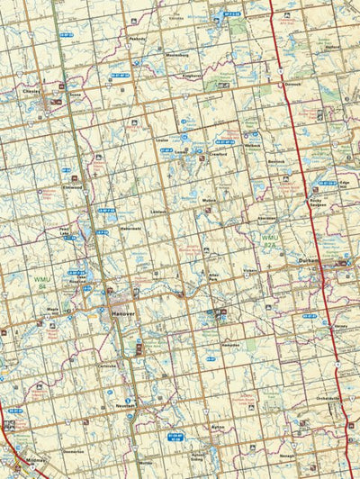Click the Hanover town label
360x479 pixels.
pos(122,313)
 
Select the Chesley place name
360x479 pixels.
pos(31,91)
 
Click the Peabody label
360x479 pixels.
pos(137,39)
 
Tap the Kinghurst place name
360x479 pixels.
pos(192,76)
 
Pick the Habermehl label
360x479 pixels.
pos(130,229)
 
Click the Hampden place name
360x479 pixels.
pos(230,344)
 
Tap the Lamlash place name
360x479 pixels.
pos(159,212)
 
